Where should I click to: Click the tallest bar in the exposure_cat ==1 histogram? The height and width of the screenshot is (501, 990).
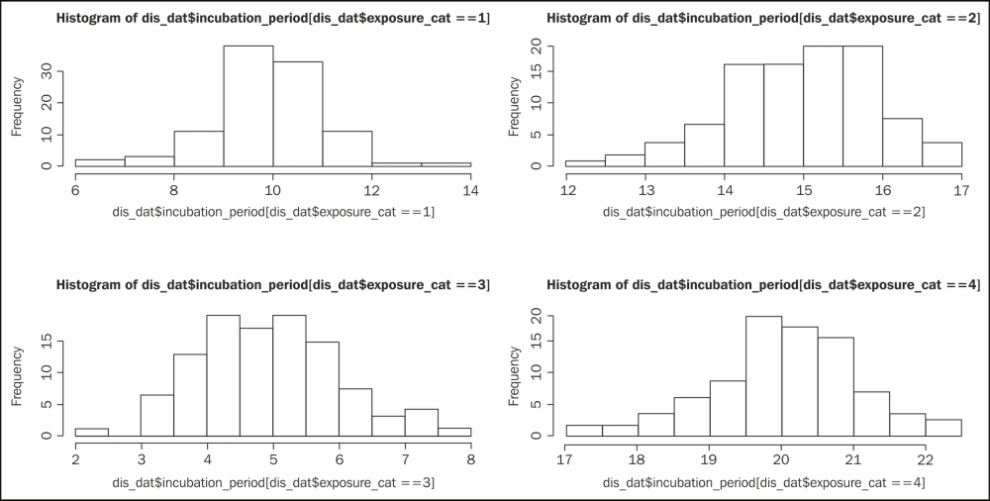coord(247,106)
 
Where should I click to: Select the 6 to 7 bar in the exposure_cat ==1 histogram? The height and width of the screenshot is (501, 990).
coord(100,163)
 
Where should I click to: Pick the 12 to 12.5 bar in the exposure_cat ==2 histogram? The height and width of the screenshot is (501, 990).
coord(585,163)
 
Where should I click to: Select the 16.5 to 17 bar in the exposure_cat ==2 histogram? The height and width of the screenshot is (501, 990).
coord(941,154)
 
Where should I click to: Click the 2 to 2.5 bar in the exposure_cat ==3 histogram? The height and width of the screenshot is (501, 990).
coord(91,432)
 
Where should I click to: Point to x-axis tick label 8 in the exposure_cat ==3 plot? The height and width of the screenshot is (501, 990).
coord(470,458)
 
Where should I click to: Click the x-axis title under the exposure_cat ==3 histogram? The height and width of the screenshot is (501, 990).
coord(272,481)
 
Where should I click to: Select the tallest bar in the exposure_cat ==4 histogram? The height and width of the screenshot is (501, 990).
coord(763,376)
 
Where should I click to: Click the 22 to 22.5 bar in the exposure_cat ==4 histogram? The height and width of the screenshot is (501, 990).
coord(943,428)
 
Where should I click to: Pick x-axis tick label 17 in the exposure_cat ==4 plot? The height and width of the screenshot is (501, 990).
coord(565,458)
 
